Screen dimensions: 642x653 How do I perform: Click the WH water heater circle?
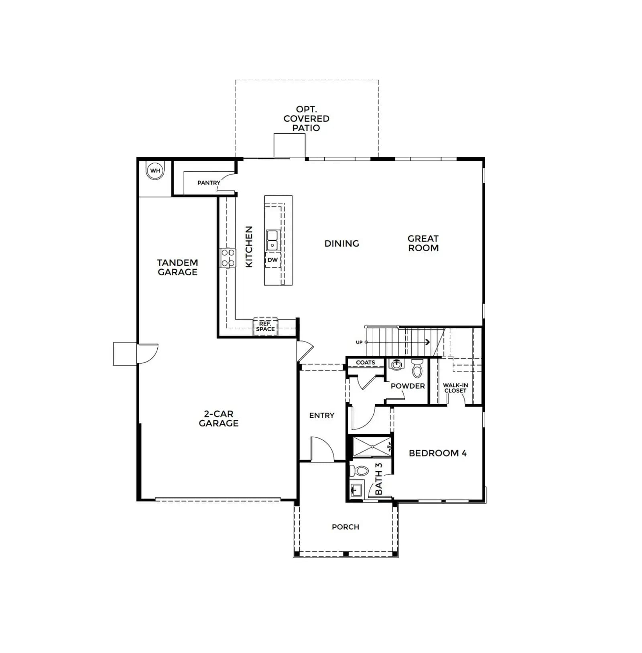tap(155, 171)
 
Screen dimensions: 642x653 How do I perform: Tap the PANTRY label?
tap(209, 183)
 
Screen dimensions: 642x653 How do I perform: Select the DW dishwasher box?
tap(273, 260)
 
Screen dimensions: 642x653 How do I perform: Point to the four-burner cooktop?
tap(228, 258)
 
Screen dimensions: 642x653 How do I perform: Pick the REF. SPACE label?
tap(266, 326)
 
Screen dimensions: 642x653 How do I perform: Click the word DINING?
tap(342, 244)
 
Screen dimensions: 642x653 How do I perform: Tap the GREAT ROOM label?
tap(423, 243)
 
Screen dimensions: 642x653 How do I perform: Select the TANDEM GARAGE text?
tap(177, 267)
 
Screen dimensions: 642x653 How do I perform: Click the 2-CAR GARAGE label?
tap(219, 418)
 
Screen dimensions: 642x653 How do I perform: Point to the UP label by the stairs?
tap(359, 342)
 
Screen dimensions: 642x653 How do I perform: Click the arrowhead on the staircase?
tap(428, 342)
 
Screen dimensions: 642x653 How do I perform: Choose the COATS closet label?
tap(366, 362)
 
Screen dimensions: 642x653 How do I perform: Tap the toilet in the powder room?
tap(417, 368)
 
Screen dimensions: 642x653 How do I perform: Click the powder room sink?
tap(396, 365)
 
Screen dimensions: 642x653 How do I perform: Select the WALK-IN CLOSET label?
tap(455, 388)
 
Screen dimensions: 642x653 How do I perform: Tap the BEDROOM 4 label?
tap(438, 453)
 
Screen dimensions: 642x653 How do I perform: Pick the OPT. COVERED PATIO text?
tap(307, 118)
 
